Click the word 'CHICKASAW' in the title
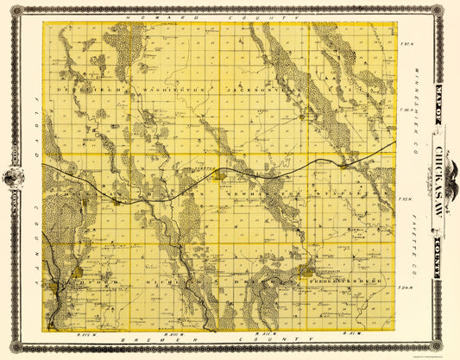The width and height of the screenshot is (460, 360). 444,179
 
